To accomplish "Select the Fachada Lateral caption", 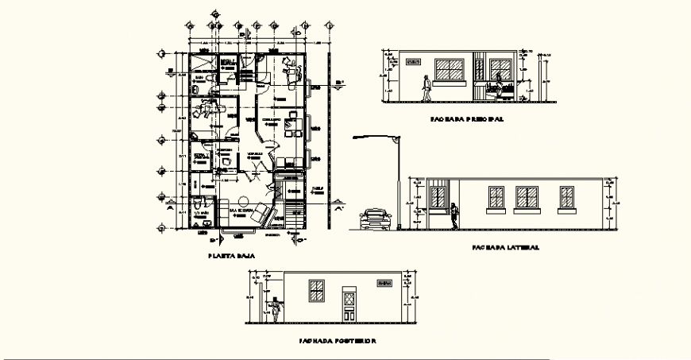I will tap(505, 247).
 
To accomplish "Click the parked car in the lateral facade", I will tap(376, 219).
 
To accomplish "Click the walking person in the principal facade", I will tap(428, 88).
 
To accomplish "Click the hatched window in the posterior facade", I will tap(317, 291).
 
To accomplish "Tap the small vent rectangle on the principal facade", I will tap(415, 60).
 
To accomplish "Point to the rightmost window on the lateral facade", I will tap(567, 197).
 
